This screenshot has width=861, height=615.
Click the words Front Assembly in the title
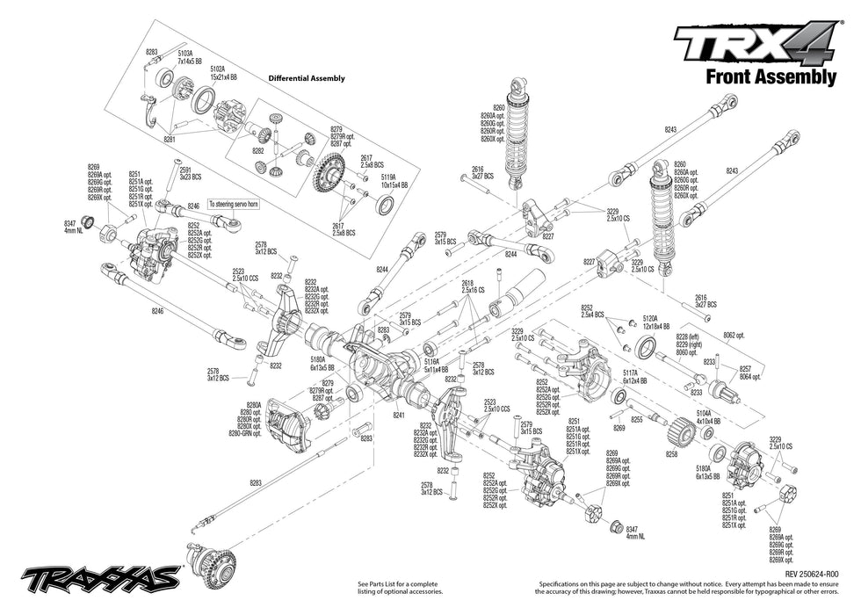point(771,77)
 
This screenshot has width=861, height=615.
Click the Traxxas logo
point(100,578)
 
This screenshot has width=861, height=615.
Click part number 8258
point(671,454)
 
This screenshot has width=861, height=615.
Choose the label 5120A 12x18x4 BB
point(655,322)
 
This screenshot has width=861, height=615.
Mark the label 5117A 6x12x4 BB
point(635,375)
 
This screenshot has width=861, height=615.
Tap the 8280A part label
point(253,406)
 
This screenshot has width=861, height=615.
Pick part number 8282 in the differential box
point(257,151)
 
